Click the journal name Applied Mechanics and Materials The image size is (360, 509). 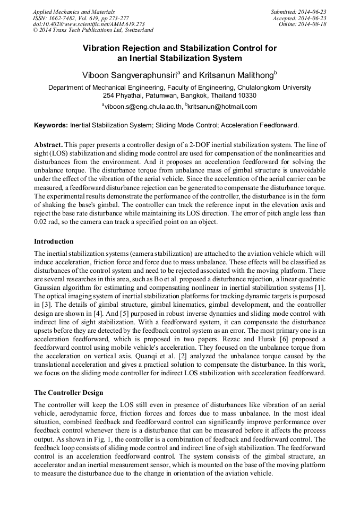(x=74, y=11)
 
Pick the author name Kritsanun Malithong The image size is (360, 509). (x=235, y=75)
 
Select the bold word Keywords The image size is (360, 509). (x=51, y=125)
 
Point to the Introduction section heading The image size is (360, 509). (x=54, y=241)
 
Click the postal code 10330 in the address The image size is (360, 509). (x=246, y=96)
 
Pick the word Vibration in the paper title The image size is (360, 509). (x=102, y=48)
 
